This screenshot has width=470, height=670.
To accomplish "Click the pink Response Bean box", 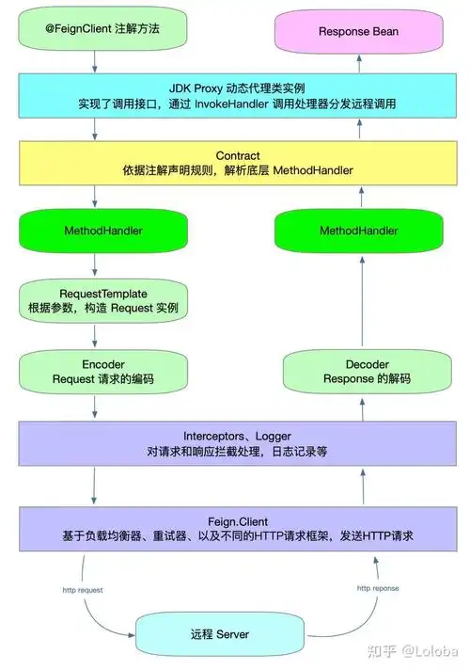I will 358,31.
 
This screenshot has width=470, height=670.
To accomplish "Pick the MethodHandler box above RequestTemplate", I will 94,231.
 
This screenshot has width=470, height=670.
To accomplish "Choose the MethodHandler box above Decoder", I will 358,231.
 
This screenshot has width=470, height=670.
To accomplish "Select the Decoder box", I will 358,371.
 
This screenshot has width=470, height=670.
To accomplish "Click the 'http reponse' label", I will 377,588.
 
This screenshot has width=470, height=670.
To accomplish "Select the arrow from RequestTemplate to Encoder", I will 95,335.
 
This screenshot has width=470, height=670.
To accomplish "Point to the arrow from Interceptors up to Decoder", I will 358,407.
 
